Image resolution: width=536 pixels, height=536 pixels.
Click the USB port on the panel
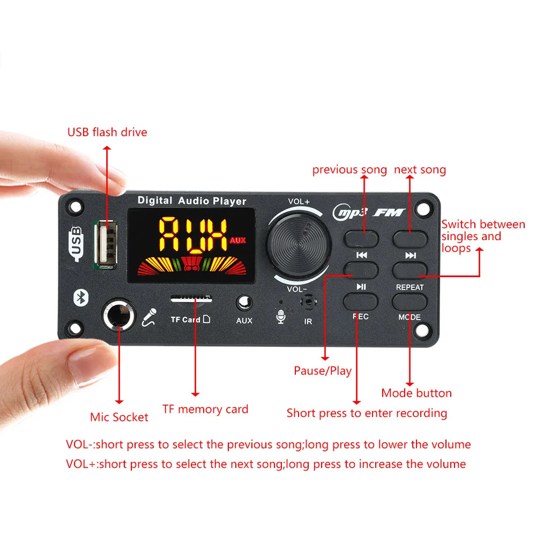pos(106,244)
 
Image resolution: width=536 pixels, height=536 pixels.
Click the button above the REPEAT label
pos(410,270)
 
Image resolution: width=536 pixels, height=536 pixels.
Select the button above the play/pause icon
pos(361,270)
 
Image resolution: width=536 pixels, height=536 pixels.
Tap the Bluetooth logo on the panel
pos(81,297)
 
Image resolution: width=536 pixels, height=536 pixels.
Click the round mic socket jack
pos(119,315)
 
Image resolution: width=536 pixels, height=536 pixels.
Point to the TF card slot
pos(191,300)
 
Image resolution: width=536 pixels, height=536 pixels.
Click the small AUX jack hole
pos(244,303)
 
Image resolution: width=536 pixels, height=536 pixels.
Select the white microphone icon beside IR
pos(281,317)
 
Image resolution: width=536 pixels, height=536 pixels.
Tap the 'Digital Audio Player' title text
pos(192,200)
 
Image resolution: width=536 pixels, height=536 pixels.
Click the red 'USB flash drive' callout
pos(107,132)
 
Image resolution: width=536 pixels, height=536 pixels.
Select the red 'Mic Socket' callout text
pos(119,417)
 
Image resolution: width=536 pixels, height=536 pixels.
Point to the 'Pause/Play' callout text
pos(323,370)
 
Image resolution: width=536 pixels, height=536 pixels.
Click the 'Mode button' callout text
pos(416,393)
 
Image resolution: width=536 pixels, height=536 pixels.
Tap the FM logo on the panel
pos(389,213)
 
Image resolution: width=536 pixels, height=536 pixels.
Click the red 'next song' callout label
pos(420,170)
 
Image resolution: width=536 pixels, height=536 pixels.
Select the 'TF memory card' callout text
pos(205,409)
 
